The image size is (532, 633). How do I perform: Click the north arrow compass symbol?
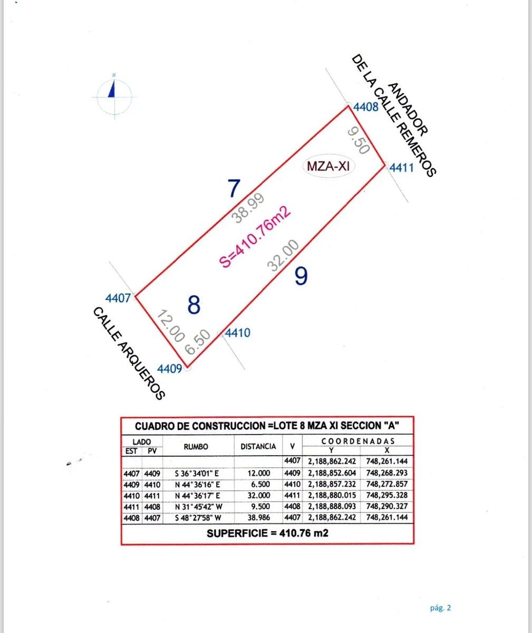[x=114, y=95]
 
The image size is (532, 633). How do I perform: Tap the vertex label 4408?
[x=366, y=108]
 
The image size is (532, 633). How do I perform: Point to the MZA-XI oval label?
[x=328, y=166]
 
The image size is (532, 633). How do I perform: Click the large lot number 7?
[x=234, y=188]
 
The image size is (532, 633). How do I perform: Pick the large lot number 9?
[x=301, y=276]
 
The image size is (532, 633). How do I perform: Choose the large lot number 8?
[x=194, y=305]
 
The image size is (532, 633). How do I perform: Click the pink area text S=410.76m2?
[x=255, y=237]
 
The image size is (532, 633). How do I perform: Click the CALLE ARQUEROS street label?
[x=129, y=353]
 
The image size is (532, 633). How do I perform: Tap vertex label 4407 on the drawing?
[x=118, y=298]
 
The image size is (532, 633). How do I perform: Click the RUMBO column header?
[x=196, y=447]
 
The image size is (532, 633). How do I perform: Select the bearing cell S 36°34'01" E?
[x=197, y=473]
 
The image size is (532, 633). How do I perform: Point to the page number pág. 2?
[x=440, y=608]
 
